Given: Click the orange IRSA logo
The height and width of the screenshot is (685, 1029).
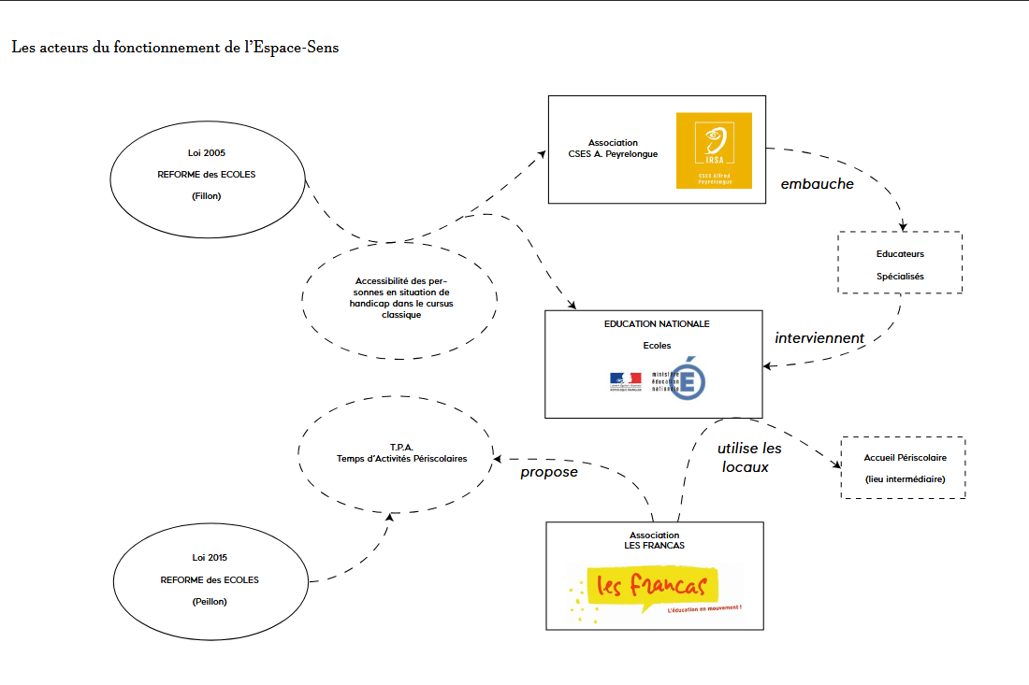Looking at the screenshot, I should (714, 150).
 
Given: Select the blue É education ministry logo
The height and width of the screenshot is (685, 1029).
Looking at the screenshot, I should (689, 378).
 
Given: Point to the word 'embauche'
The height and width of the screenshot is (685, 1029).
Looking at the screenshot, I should (817, 184).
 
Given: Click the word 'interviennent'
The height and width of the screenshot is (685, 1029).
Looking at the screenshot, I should (819, 337).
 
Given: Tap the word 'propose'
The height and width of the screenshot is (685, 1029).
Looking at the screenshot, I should (549, 472).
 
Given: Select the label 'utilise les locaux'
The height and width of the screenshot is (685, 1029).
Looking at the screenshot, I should (748, 457).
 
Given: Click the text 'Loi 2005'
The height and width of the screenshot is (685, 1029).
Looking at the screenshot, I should (207, 151).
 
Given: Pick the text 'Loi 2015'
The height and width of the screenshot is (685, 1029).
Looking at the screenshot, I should (210, 558).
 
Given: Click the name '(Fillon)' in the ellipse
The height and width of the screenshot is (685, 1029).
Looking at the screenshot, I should (207, 196).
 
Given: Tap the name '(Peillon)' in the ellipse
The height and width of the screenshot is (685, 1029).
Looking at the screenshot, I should (210, 602).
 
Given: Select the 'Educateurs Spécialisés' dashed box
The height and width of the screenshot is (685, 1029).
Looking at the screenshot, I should (900, 264).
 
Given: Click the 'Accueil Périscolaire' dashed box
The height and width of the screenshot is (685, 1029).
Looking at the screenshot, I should (904, 468).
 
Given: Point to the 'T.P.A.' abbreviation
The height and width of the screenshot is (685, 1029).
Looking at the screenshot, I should (401, 447).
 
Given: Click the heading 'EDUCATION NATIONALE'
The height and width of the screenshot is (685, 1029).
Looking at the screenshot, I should (657, 324).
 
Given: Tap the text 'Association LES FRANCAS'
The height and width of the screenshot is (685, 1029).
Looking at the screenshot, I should (654, 540).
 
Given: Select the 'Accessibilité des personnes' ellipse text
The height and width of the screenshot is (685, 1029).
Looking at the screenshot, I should (401, 297).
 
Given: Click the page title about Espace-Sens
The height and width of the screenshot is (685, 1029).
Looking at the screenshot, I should (175, 48).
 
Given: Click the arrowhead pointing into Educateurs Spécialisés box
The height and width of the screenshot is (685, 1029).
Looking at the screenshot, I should (903, 227).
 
